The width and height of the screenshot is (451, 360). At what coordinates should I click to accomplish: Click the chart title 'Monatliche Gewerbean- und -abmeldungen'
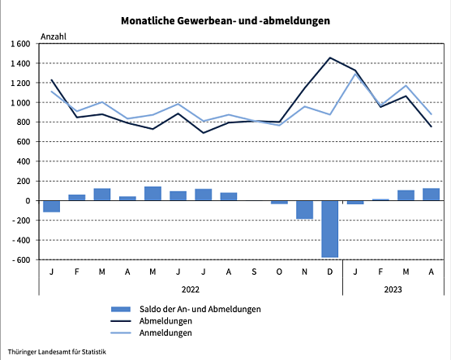[x=225, y=21]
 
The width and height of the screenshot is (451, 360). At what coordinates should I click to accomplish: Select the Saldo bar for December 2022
[x=329, y=229]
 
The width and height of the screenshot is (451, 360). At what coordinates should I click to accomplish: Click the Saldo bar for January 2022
[x=52, y=206]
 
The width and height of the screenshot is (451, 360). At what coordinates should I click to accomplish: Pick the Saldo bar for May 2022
[x=152, y=193]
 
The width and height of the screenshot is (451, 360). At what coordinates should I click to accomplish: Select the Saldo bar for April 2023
[x=431, y=194]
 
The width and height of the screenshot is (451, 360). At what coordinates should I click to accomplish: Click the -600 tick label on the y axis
[x=21, y=259]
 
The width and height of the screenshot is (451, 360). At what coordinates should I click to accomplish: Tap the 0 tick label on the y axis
[x=28, y=200]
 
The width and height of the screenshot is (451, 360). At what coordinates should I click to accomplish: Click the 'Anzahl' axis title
[x=54, y=36]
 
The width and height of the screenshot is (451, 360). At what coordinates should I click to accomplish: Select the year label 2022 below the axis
[x=191, y=289]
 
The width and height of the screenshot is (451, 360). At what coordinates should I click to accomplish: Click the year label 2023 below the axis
[x=393, y=289]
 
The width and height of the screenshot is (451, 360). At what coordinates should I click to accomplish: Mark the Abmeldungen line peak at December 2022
[x=329, y=58]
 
